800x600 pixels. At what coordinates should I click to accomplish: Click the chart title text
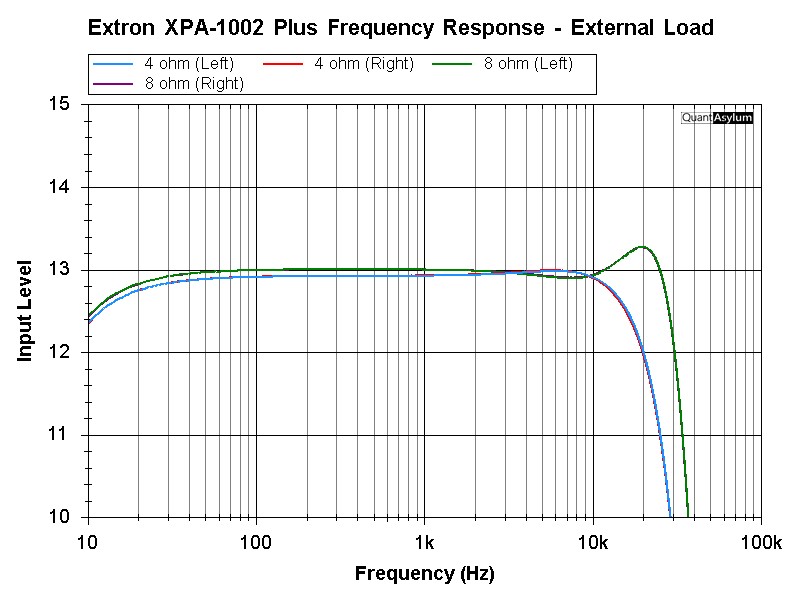coord(401,28)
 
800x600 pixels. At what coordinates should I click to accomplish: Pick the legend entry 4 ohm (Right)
coord(364,65)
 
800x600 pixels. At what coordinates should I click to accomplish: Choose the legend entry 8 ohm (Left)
coord(528,65)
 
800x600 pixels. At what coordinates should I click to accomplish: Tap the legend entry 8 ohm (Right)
coord(194,84)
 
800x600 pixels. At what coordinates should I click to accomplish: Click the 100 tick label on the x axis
coord(256,543)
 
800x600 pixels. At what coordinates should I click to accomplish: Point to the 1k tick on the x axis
coord(425,543)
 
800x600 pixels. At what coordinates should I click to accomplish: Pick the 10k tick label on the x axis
coord(593,543)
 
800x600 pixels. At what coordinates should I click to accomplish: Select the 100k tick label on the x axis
coord(761,543)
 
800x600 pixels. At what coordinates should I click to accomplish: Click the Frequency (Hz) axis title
coord(425,574)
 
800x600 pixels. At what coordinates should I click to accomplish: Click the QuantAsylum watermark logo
coord(716,118)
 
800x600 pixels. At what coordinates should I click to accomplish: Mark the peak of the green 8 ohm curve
coord(641,246)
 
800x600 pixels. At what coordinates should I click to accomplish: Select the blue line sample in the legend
coord(115,65)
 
